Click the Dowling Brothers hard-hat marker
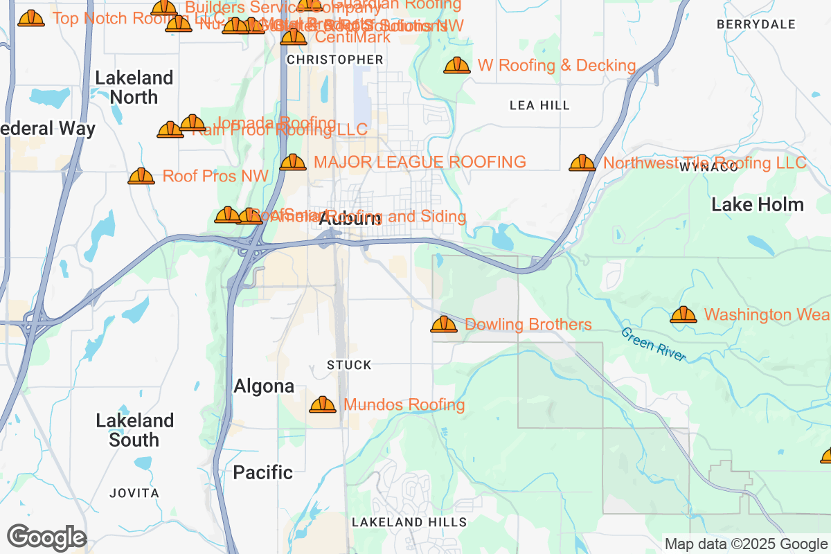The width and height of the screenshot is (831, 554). click(444, 324)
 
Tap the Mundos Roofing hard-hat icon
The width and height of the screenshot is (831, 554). click(323, 404)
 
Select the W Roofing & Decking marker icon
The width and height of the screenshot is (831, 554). click(457, 66)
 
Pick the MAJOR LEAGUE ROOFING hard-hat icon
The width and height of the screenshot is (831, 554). click(293, 163)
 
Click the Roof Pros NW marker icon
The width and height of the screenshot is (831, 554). click(141, 177)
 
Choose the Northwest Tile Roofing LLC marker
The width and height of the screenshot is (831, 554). click(582, 163)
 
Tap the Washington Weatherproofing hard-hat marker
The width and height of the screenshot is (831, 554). click(683, 315)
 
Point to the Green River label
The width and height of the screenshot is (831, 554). click(654, 344)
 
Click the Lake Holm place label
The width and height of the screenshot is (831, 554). click(758, 205)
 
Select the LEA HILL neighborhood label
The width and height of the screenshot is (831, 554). click(539, 105)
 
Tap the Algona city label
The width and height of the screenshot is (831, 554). click(264, 386)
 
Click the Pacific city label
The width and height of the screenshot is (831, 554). click(262, 472)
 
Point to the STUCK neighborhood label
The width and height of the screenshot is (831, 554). click(349, 365)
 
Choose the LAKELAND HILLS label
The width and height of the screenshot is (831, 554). click(409, 522)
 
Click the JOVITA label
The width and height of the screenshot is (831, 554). click(134, 493)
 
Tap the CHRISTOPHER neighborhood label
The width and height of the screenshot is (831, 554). click(335, 60)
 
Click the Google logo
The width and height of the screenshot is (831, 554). click(46, 537)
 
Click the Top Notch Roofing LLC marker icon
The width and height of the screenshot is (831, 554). click(31, 19)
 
